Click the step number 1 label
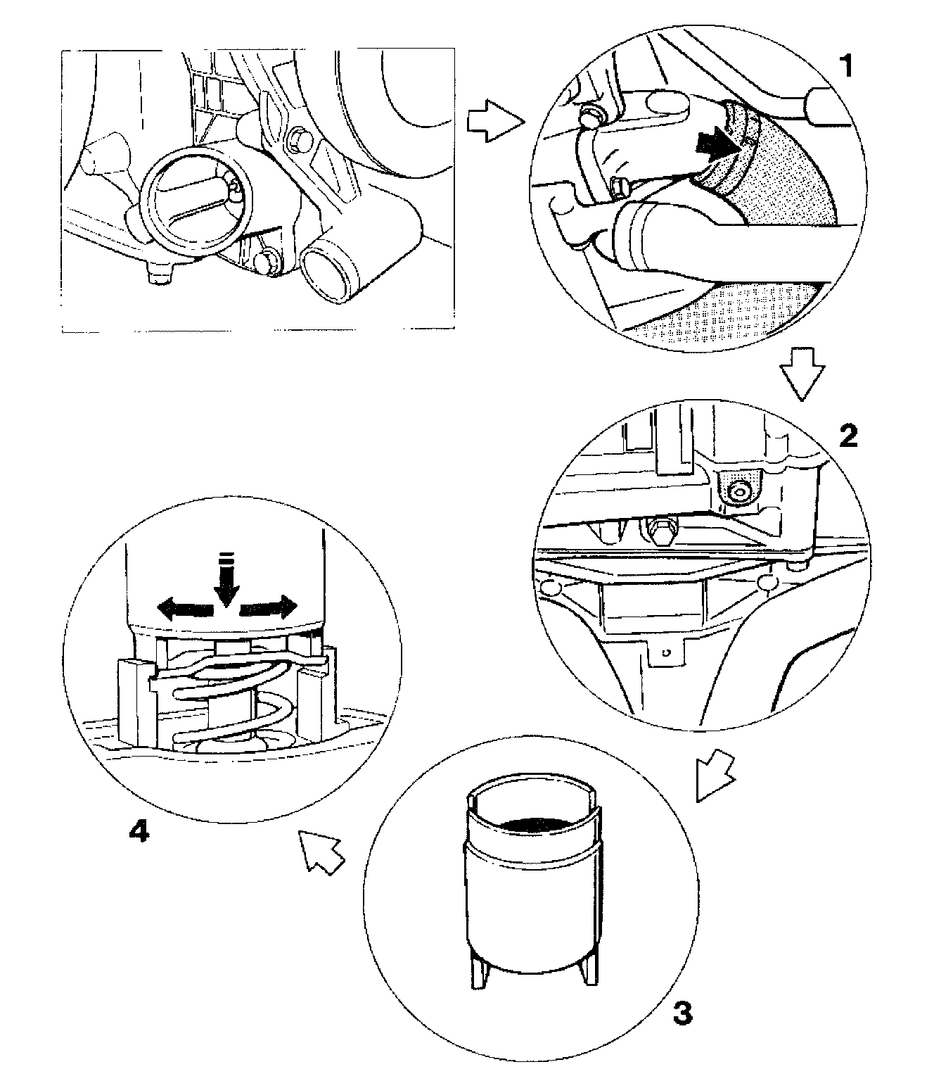[x=847, y=67]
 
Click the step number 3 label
[x=682, y=1014]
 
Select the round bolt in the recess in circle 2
[x=738, y=492]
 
